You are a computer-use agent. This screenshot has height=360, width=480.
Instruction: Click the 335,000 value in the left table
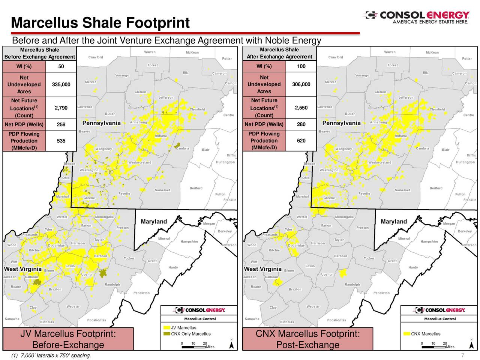pos(61,84)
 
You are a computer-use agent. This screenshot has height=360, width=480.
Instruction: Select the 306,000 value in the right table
pos(301,84)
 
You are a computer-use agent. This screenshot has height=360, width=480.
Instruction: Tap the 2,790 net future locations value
pos(61,108)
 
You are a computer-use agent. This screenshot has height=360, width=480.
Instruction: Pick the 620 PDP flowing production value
pos(301,141)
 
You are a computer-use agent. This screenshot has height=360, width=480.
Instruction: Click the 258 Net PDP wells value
pos(61,124)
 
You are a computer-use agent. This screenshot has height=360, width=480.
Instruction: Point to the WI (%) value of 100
pos(301,66)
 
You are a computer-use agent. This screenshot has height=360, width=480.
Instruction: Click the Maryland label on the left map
pos(154,222)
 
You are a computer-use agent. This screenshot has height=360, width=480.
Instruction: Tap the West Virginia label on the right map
pos(262,269)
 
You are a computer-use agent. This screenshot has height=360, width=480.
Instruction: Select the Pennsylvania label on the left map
pos(101,123)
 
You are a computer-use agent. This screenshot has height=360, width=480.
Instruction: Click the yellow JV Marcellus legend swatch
pos(166,328)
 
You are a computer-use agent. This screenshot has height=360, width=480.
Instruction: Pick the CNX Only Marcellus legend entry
pos(190,334)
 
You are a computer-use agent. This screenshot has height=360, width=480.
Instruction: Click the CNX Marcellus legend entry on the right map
pos(426,334)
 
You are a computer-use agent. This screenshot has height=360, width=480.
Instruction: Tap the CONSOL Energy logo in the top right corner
pos(416,17)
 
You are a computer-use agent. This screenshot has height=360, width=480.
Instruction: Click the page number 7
pos(463,355)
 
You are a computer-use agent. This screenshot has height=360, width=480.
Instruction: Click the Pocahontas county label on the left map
pos(97,320)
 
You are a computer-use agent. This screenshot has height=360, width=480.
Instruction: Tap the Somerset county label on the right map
pos(402,190)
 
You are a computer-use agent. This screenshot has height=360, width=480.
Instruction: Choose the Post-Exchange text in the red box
pos(307,345)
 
